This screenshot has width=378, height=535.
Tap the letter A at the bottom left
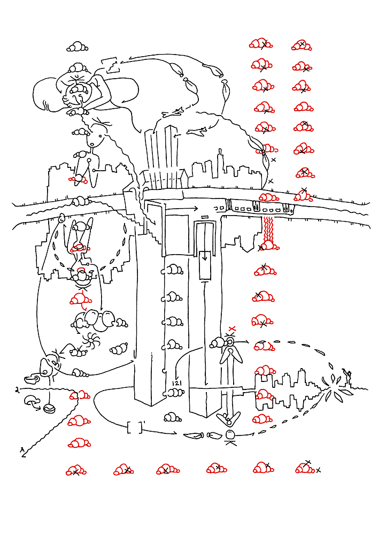coord(22,450)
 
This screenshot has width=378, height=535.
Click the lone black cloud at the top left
coord(78,47)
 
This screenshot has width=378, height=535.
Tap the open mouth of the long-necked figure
coord(94,143)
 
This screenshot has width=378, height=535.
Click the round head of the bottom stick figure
coord(230,434)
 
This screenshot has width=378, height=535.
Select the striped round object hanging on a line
coord(49,409)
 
